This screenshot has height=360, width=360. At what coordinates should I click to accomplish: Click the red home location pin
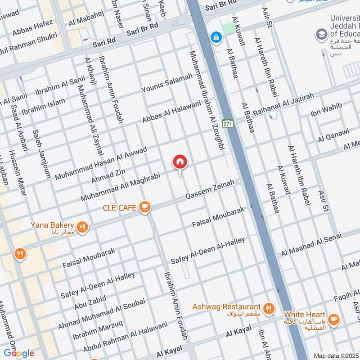(180, 162)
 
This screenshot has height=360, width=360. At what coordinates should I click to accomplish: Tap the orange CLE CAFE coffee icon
(144, 207)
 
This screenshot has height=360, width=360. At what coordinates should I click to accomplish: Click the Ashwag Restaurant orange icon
(269, 308)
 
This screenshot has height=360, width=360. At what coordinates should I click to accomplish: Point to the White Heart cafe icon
(333, 319)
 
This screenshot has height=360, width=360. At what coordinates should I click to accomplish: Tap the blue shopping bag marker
(216, 37)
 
